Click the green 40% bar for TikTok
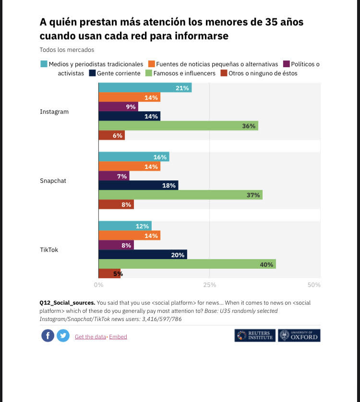187,264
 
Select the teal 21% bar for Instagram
145,88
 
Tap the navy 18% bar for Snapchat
138,185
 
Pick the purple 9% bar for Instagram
118,106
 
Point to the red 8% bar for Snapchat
116,204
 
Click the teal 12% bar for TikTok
125,226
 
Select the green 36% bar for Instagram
178,126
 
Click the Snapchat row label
53,181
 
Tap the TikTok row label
49,250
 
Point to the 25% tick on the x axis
209,285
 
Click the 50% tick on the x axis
314,285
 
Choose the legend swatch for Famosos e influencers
149,73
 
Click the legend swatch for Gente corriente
93,73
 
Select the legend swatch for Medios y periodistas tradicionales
44,64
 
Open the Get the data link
90,337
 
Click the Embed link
118,337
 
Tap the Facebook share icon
48,336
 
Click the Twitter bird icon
63,336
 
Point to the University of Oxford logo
299,335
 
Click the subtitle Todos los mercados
67,49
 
